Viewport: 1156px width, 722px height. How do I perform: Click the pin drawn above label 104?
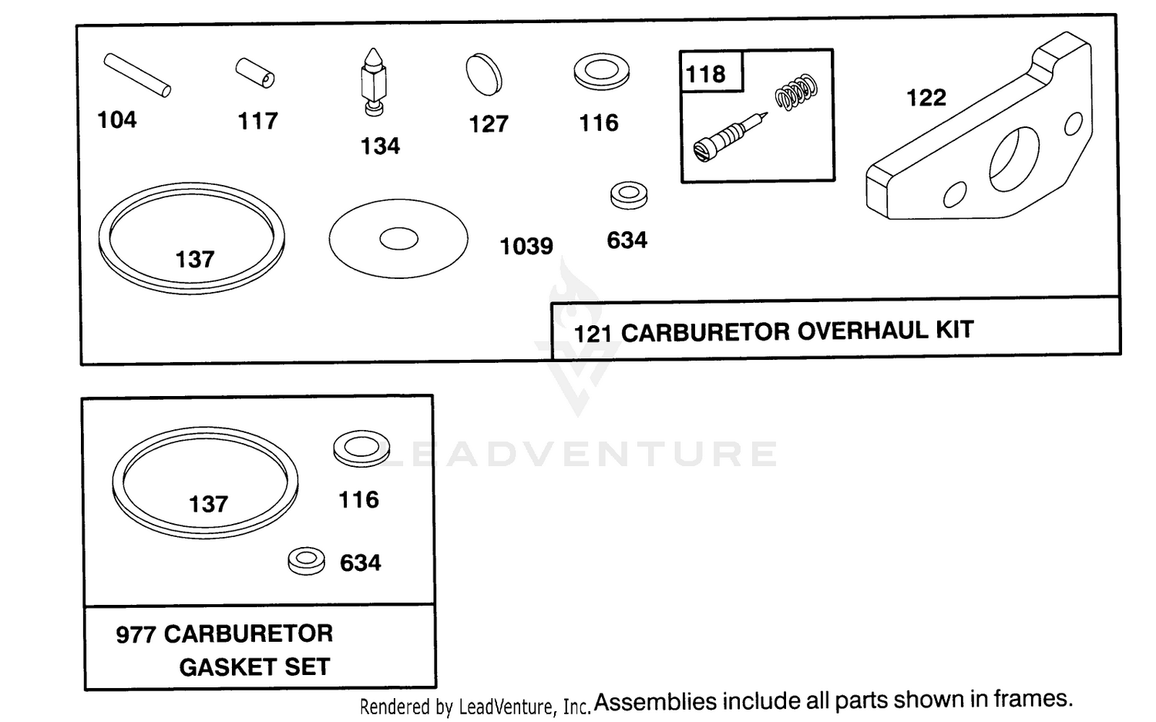(x=136, y=76)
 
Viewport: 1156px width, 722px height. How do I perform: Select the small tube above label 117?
(x=255, y=72)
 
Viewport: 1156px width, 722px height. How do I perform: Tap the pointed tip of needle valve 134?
(x=372, y=49)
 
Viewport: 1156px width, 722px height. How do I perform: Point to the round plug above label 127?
(x=483, y=74)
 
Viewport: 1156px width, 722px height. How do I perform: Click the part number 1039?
(x=526, y=246)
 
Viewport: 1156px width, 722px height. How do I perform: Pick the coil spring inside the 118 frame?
(x=796, y=92)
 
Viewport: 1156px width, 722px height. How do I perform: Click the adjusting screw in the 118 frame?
(x=730, y=137)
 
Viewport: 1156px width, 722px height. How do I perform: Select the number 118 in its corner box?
(x=705, y=74)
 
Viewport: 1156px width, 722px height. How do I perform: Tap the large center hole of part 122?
(x=1013, y=159)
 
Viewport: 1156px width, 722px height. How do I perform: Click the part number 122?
(x=926, y=98)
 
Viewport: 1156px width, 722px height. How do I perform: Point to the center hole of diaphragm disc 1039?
(x=398, y=239)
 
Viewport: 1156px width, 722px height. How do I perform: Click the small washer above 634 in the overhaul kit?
(x=629, y=195)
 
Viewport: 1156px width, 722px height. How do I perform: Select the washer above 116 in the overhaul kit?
(x=601, y=72)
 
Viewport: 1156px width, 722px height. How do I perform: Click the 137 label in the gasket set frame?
(x=209, y=504)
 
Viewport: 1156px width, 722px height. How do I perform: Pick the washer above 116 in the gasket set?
(x=361, y=448)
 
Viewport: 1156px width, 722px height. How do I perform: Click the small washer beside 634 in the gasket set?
(x=307, y=561)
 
